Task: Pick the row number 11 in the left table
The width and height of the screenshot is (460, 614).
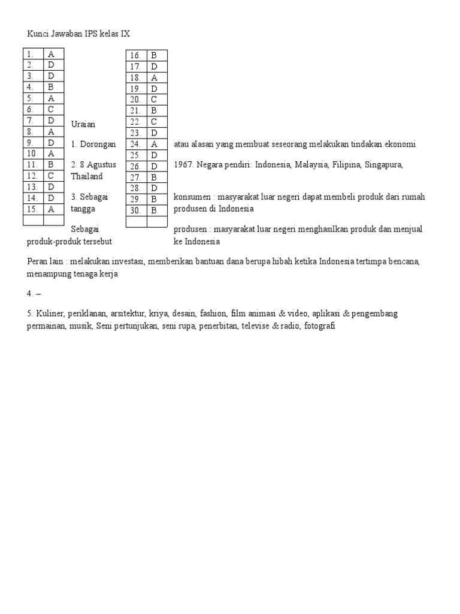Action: (x=33, y=164)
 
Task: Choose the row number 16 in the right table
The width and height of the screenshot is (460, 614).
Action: (x=135, y=56)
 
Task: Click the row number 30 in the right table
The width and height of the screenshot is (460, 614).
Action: (x=135, y=210)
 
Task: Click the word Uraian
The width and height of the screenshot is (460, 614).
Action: (x=83, y=124)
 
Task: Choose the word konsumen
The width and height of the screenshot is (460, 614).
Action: (x=192, y=197)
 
